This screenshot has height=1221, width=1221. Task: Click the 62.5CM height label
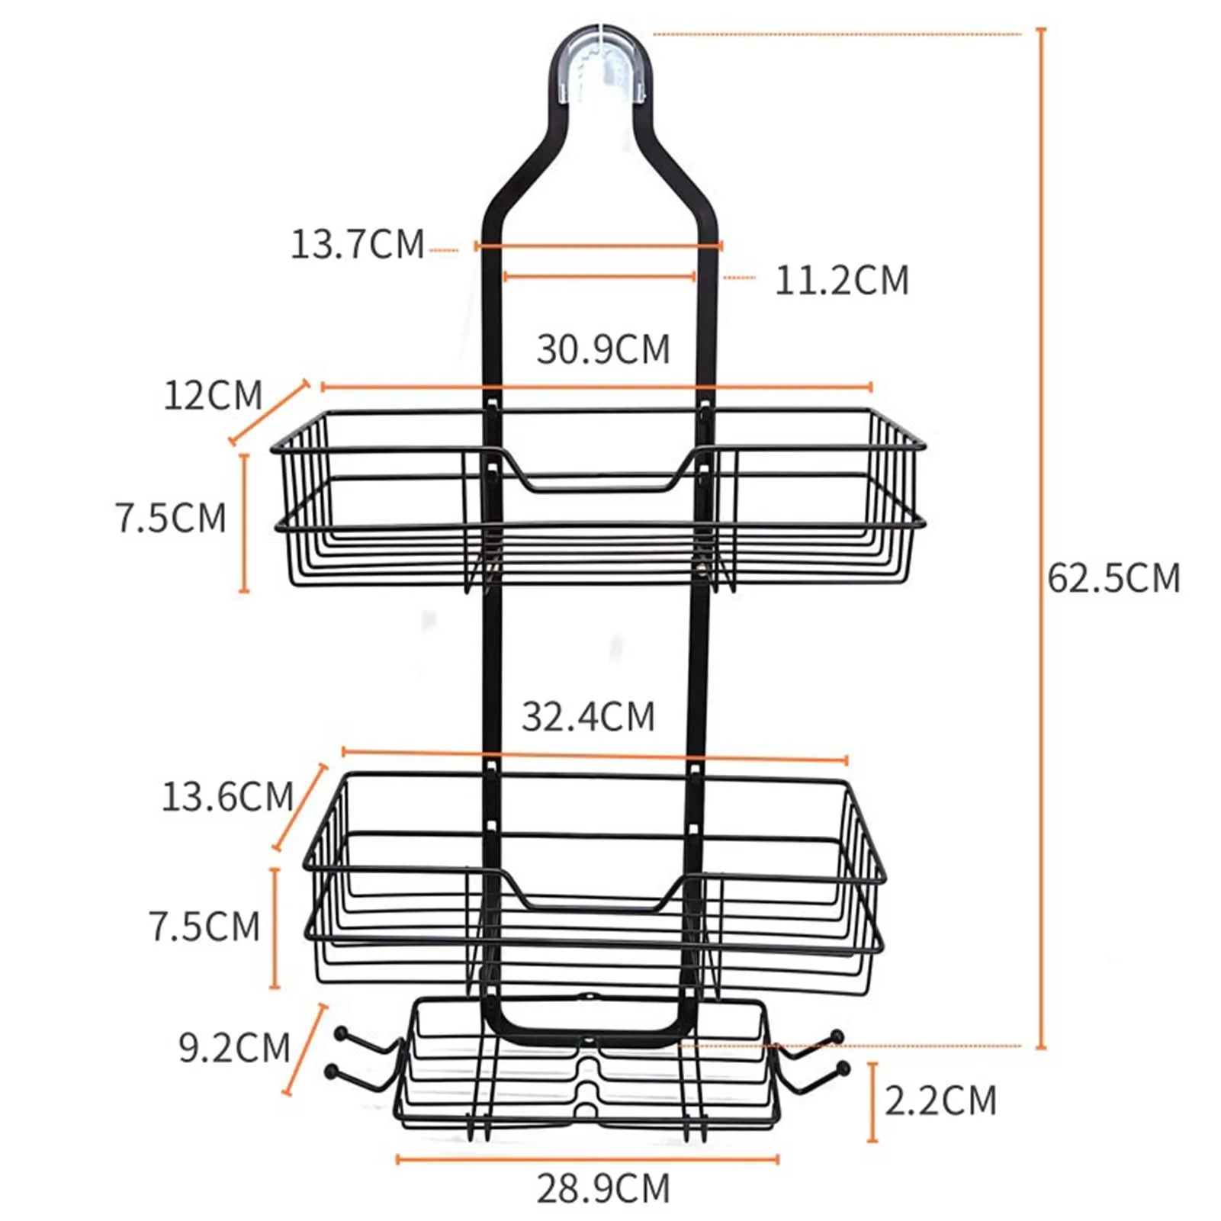coord(1113,578)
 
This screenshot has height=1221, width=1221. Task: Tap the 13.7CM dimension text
coord(357,245)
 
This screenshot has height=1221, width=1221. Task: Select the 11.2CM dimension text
coord(842,281)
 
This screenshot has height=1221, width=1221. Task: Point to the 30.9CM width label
coord(602,349)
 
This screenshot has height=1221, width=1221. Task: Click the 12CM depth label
coord(213,395)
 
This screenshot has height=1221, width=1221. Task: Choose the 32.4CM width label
coord(588,717)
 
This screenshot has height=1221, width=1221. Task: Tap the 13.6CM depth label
coord(227,797)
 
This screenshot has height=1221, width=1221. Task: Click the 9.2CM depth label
coord(234,1048)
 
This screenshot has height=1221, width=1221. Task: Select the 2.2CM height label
coord(940,1101)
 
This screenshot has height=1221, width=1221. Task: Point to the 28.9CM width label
coord(602,1188)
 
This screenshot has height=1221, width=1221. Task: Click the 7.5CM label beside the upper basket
coord(171,518)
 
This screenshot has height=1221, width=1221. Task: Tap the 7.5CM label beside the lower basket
coord(204,927)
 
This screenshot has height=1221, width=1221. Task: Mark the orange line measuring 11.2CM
coord(599,277)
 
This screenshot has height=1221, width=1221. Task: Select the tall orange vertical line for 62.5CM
coord(1041,534)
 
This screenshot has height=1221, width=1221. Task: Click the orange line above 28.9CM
coord(587,1160)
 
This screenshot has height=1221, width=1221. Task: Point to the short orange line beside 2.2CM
coord(873,1101)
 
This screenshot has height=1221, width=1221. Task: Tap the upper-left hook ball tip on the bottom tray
coord(341,1034)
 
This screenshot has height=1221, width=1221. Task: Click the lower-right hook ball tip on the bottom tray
coord(842,1068)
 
